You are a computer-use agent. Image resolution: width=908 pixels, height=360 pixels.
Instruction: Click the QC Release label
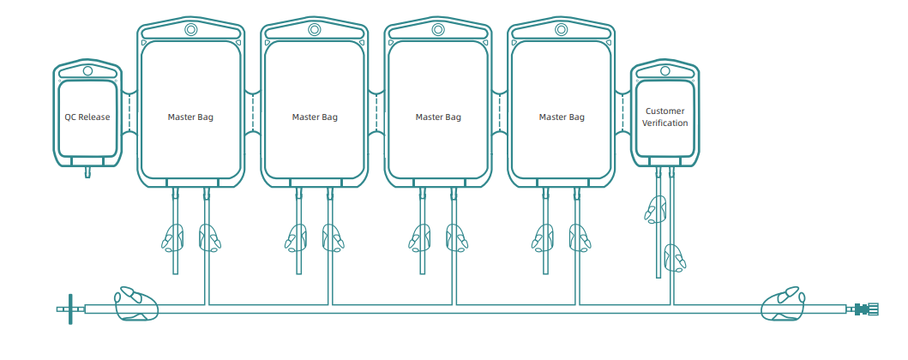(87, 117)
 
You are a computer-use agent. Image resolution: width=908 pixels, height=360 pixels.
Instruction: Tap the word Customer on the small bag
(665, 111)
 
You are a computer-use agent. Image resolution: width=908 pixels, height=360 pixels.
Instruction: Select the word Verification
(665, 123)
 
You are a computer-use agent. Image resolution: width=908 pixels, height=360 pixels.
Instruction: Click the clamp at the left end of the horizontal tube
(136, 303)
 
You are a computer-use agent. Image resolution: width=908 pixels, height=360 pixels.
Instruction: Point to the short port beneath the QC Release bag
(87, 172)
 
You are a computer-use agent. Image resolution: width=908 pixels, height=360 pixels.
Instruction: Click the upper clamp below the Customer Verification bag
(656, 209)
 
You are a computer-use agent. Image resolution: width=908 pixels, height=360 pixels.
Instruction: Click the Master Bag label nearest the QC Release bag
(190, 117)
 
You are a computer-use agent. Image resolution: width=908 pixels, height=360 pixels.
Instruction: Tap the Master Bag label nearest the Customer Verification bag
(562, 117)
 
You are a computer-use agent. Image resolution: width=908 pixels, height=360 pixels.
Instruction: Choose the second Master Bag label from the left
(315, 117)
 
